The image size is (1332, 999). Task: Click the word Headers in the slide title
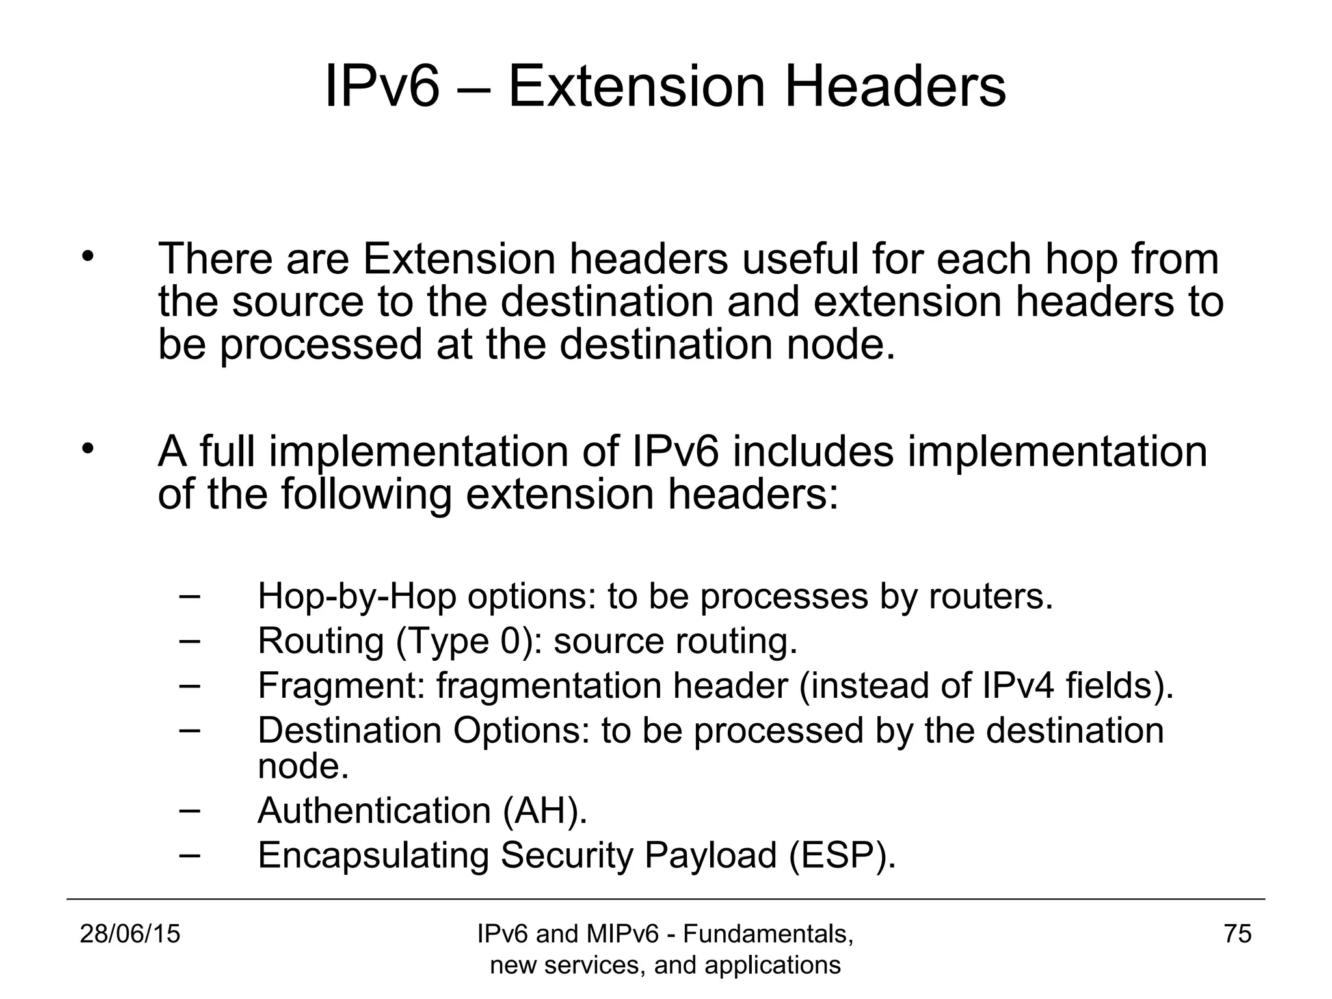click(x=896, y=87)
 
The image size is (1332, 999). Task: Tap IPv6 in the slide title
click(x=382, y=87)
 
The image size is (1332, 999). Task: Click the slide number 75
click(x=1237, y=934)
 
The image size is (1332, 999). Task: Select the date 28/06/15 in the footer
click(x=130, y=934)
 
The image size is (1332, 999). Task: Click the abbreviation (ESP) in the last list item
click(x=842, y=855)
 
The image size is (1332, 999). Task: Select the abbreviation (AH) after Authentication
click(x=545, y=810)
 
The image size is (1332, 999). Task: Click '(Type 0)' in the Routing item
click(x=470, y=641)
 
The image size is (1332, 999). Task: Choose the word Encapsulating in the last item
click(x=373, y=855)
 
